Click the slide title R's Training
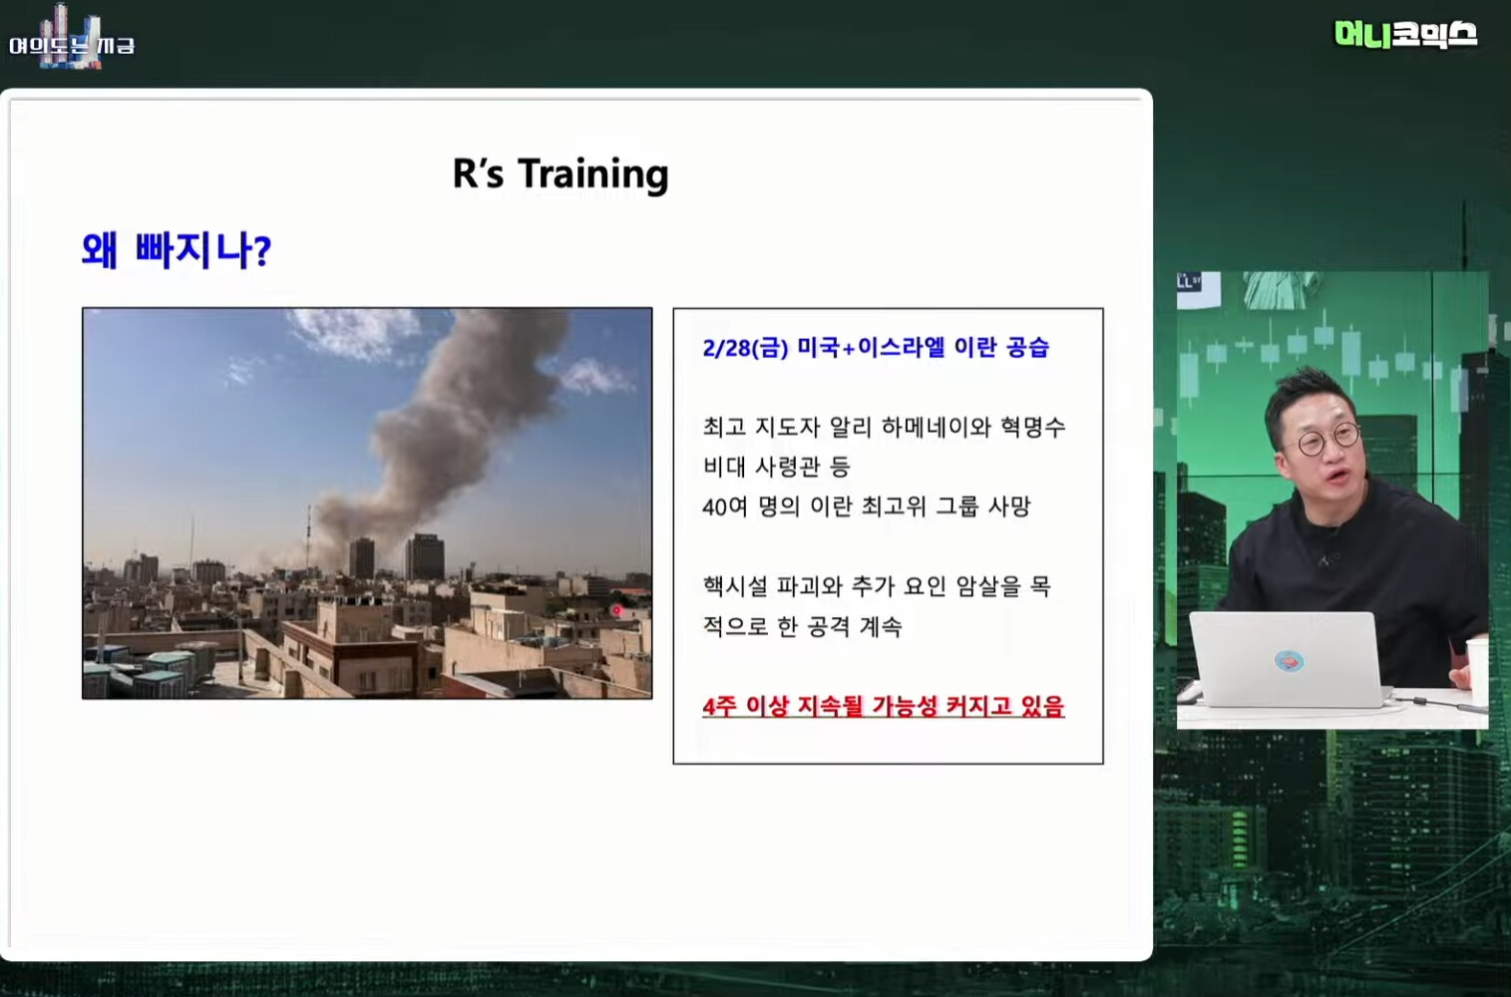tap(561, 173)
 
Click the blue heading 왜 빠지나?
tap(177, 250)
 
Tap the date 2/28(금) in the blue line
tap(745, 348)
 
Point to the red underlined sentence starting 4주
tap(884, 706)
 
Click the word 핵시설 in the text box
tap(735, 586)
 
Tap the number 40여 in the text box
tap(724, 506)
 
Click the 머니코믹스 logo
tap(1405, 34)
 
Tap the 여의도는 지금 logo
tap(72, 41)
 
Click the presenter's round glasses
tap(1326, 439)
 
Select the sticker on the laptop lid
tap(1289, 661)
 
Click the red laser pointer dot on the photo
tap(615, 610)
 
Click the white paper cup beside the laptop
tap(1477, 670)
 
